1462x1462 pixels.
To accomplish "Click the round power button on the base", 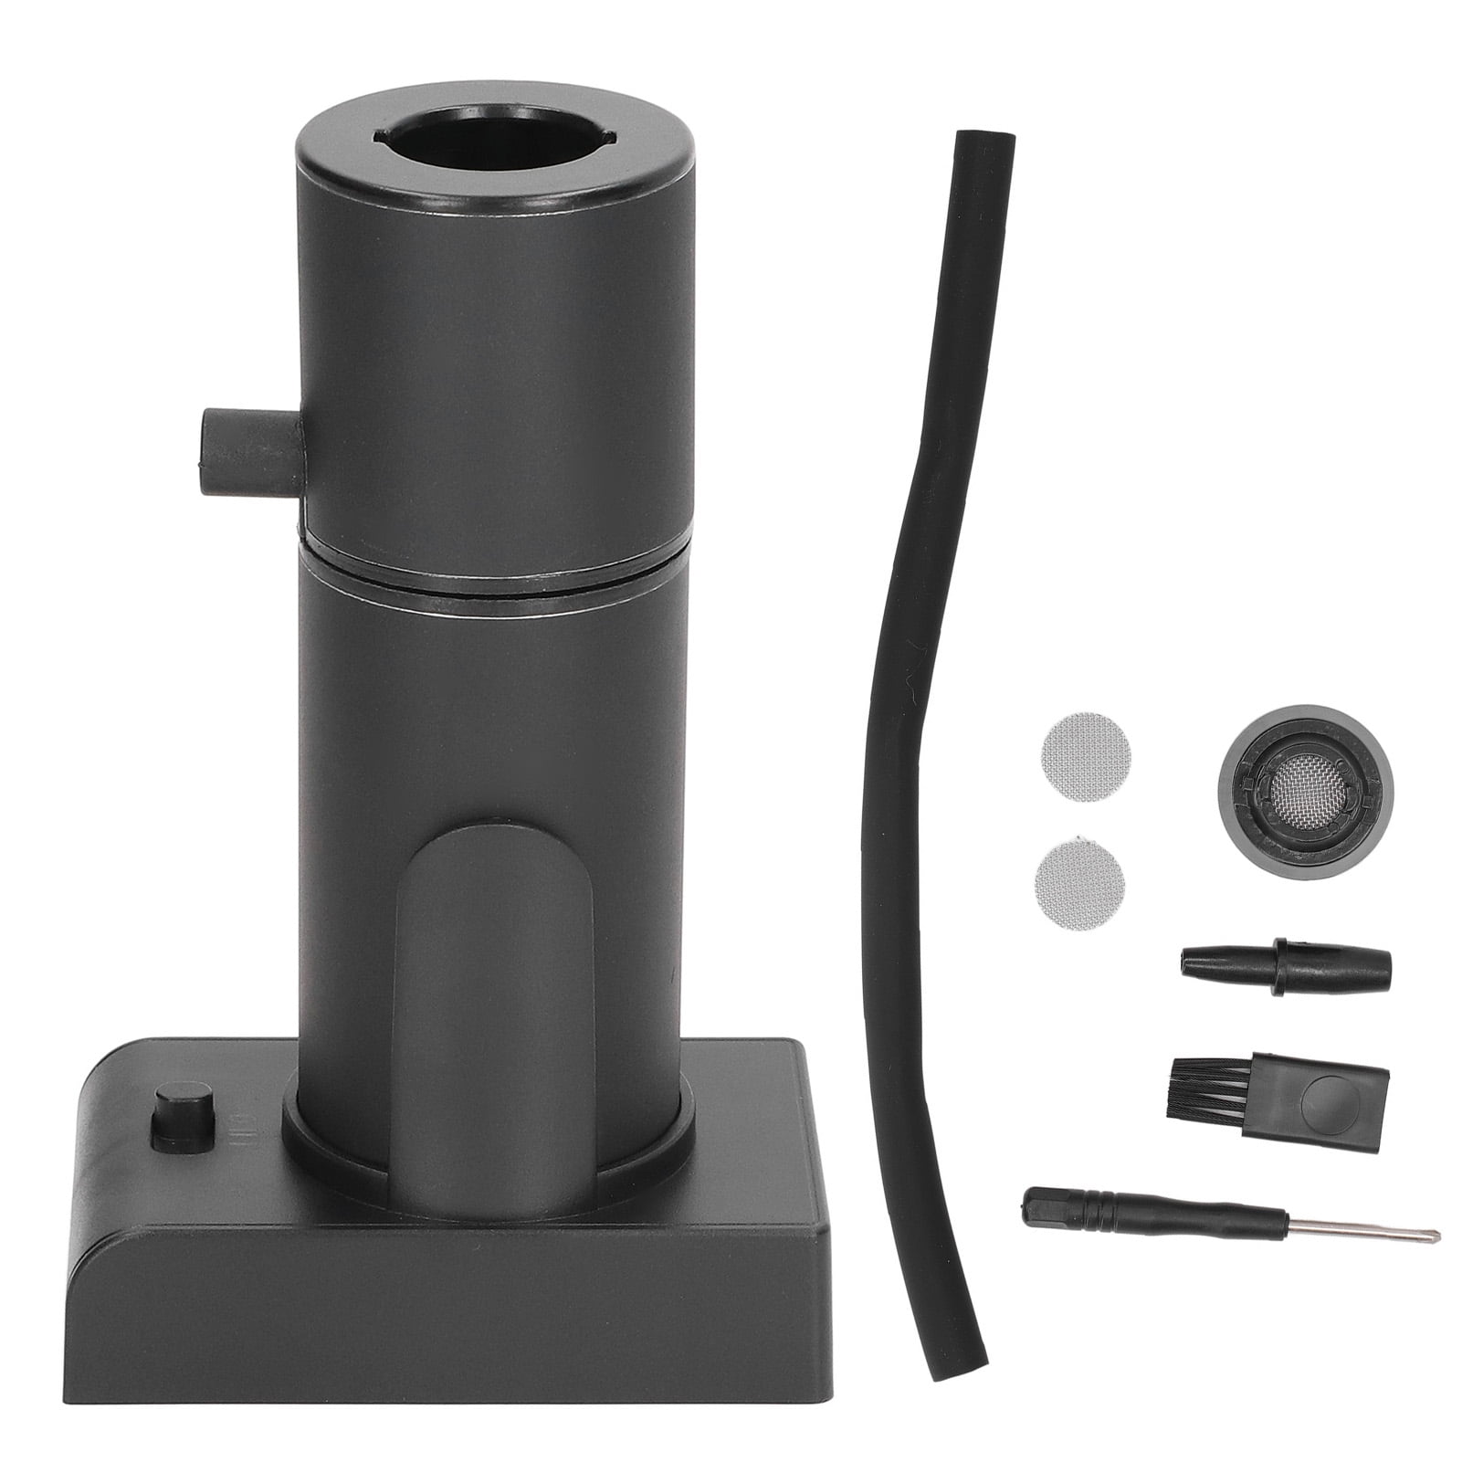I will pos(180,1113).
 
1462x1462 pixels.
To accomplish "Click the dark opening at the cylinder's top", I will pos(493,139).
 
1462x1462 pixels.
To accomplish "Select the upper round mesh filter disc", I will pos(1084,756).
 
